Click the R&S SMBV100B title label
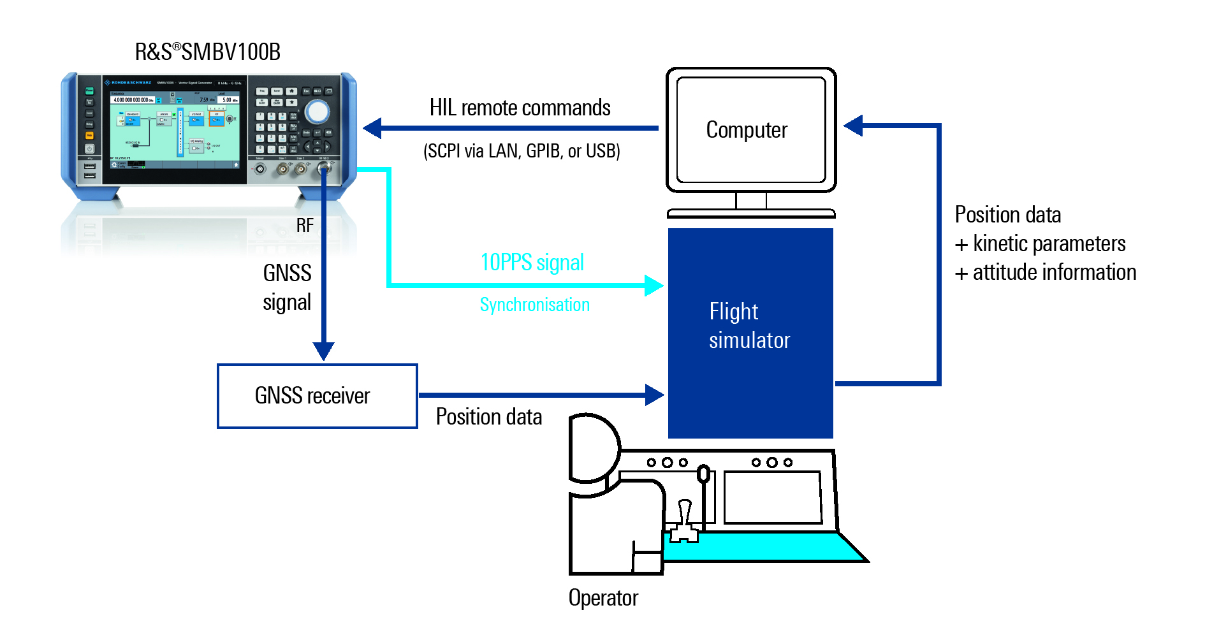(x=207, y=52)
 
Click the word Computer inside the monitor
(x=747, y=130)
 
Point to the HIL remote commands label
(x=520, y=108)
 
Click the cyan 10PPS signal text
(x=532, y=263)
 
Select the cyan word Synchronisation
(x=534, y=305)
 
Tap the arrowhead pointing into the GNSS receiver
(x=323, y=351)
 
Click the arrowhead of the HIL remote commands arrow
(x=373, y=128)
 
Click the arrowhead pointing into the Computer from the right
(x=854, y=126)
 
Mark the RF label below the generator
(x=305, y=226)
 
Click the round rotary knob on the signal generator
(x=317, y=112)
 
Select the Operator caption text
(x=603, y=598)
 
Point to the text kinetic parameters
(x=1049, y=244)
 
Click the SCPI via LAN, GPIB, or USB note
(x=522, y=151)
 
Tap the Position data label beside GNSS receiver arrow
(x=489, y=417)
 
